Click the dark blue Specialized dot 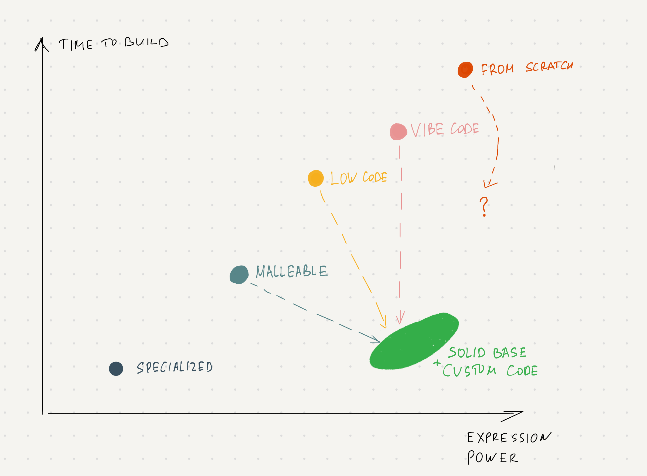[x=116, y=369]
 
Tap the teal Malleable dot [x=239, y=274]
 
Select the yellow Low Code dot [x=316, y=178]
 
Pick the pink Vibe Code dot [x=398, y=132]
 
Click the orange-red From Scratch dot [x=465, y=70]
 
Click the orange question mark [x=484, y=207]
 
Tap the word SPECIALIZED [x=174, y=367]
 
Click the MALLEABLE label [x=292, y=271]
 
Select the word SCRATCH [x=549, y=66]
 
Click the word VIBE [x=427, y=130]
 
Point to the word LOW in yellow [x=344, y=178]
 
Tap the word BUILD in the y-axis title [x=147, y=42]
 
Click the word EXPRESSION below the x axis [x=509, y=437]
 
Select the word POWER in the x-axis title [x=493, y=457]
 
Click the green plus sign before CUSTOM [x=437, y=363]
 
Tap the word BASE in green [x=510, y=353]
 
